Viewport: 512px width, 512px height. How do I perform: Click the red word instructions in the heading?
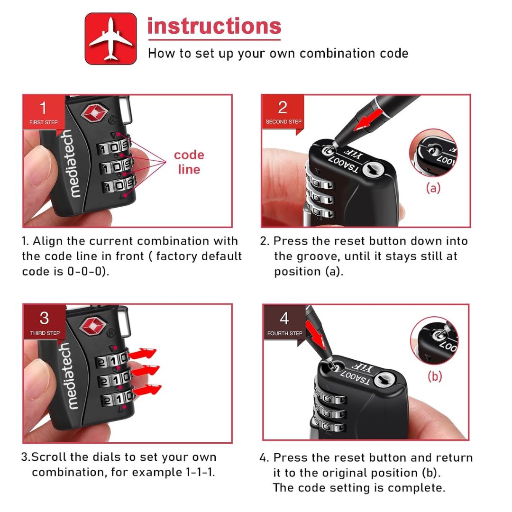coord(214,26)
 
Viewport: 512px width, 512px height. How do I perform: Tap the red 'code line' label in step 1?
coord(189,162)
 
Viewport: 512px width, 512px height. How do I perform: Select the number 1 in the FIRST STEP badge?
coord(43,108)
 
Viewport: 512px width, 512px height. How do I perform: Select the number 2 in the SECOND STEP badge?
coord(283,108)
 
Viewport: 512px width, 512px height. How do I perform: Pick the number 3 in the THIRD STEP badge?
coord(45,318)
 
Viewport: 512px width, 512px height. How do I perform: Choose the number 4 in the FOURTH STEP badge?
coord(284,319)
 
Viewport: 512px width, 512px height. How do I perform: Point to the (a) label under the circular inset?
coord(433,188)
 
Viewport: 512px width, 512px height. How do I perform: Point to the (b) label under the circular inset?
coord(435,376)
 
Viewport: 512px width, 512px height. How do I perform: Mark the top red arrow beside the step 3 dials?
coord(142,354)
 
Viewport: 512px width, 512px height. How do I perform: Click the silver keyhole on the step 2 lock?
coord(373,170)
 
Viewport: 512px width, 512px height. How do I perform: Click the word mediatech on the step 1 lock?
coord(71,163)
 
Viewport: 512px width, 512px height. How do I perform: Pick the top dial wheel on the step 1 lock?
coord(114,147)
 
